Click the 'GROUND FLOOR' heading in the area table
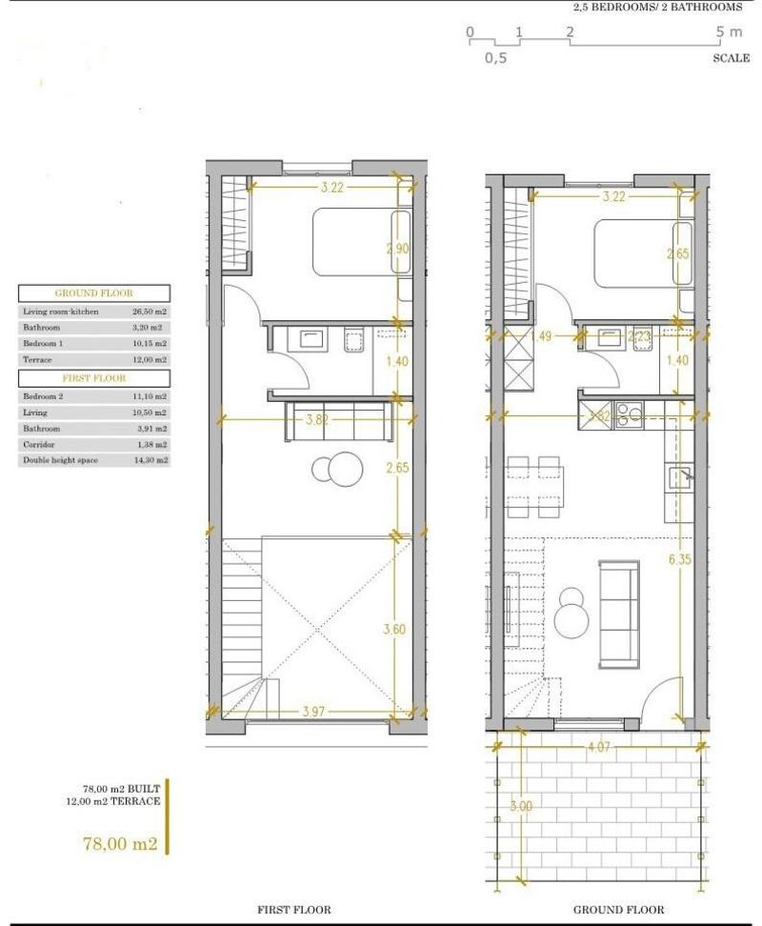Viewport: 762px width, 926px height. click(x=93, y=293)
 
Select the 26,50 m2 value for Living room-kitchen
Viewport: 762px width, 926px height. click(x=150, y=312)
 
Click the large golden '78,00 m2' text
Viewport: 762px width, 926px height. click(x=121, y=844)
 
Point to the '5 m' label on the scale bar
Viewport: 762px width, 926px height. click(x=730, y=32)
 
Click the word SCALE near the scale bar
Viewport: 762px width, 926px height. click(x=731, y=58)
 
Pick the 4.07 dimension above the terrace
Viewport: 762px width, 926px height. click(x=598, y=748)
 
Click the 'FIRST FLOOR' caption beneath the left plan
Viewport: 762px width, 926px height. click(x=294, y=910)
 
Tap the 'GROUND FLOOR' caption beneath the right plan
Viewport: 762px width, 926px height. click(x=618, y=910)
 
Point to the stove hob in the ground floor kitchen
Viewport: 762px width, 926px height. click(x=630, y=415)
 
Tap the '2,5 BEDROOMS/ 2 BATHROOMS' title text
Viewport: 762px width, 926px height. click(x=657, y=8)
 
